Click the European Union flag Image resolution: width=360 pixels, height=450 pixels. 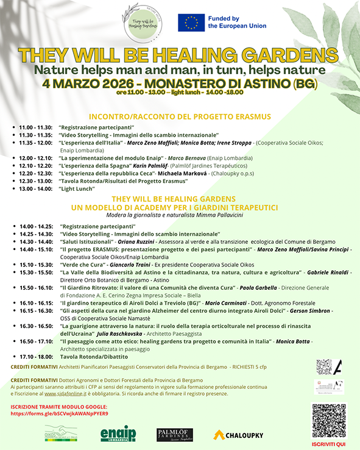click(x=191, y=23)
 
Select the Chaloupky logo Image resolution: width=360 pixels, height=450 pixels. click(x=238, y=435)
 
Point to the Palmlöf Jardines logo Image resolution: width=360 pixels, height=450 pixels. click(x=175, y=434)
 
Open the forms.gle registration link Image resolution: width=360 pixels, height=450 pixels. click(x=59, y=413)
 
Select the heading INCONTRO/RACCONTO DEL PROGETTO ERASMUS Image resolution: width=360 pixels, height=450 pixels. click(x=180, y=116)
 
